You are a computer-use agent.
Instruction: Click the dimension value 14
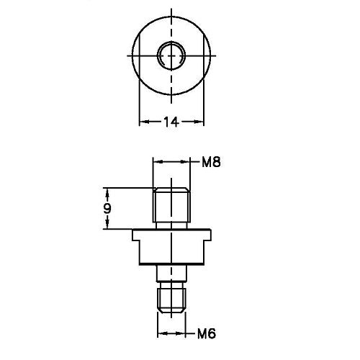point(171,122)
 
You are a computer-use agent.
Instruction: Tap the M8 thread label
point(210,163)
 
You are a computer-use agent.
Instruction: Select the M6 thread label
point(208,333)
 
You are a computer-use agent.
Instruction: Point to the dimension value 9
point(107,209)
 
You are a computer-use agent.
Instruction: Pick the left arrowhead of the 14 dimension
point(141,122)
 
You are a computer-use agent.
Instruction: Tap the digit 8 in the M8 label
point(215,163)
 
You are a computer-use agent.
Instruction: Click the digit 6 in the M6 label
point(213,333)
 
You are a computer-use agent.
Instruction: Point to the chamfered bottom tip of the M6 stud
point(171,310)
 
